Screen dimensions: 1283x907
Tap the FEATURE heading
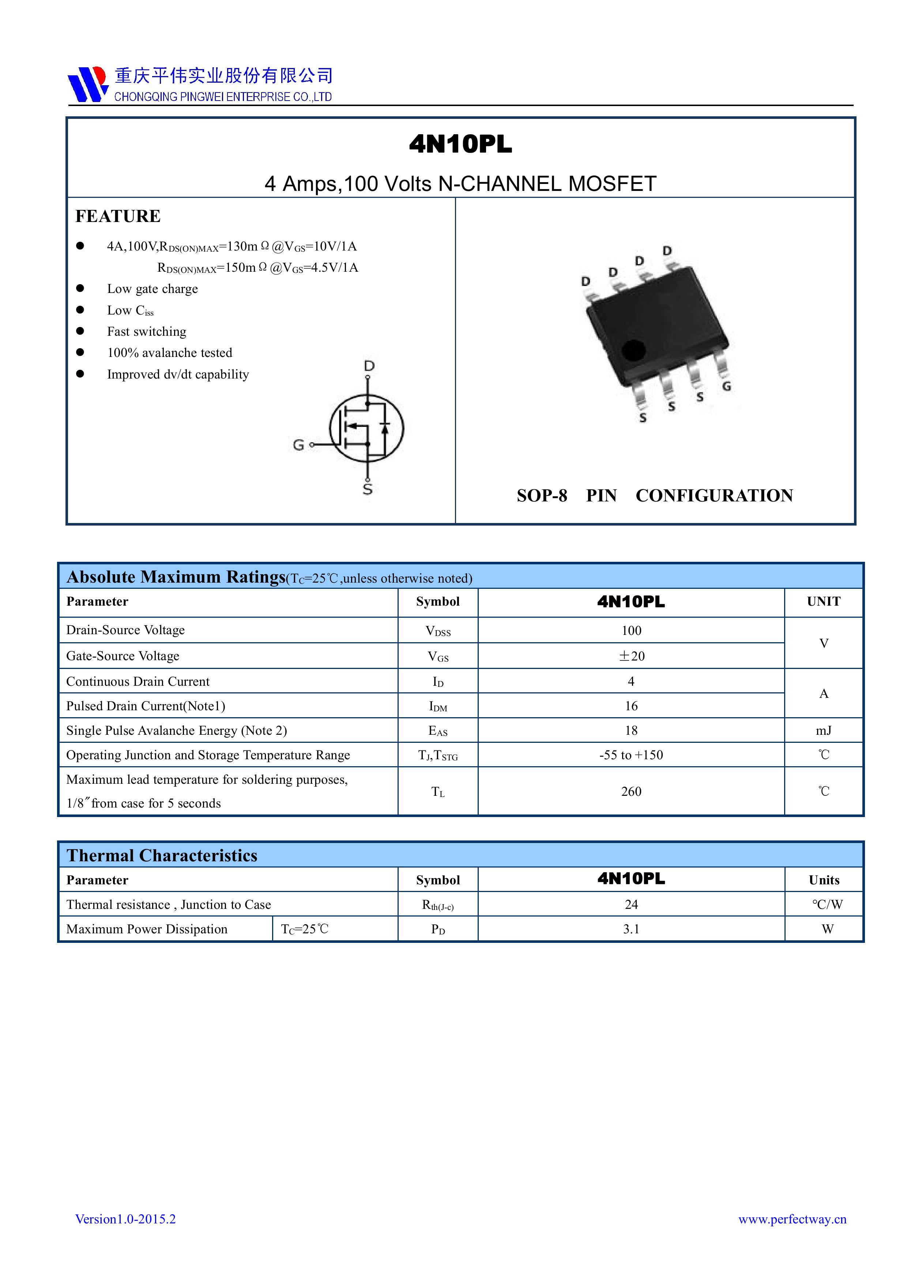pos(118,216)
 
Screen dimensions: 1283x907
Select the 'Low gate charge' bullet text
pos(153,289)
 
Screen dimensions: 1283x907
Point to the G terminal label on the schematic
pos(298,445)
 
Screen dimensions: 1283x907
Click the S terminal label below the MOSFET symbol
pos(368,489)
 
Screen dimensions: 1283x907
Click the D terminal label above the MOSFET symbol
pos(369,366)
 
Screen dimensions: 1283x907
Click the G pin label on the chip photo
pos(726,386)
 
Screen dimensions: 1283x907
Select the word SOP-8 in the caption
pos(542,496)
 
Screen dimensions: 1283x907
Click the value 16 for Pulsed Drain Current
pos(631,706)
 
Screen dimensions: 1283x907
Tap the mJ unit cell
pos(823,730)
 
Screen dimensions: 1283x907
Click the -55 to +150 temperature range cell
pos(631,755)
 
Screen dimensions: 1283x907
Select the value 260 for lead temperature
pos(631,791)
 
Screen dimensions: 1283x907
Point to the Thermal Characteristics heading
pos(162,855)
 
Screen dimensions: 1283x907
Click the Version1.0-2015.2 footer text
pos(126,1219)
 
